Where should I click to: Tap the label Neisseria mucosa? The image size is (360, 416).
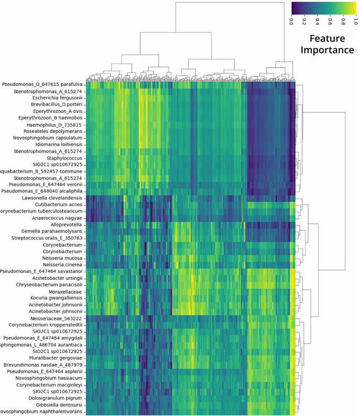point(59,258)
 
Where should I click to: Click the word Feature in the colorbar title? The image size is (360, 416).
point(327,39)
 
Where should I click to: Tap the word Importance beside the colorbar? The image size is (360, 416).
point(327,50)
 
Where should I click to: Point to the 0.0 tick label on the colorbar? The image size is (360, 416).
point(292,22)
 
